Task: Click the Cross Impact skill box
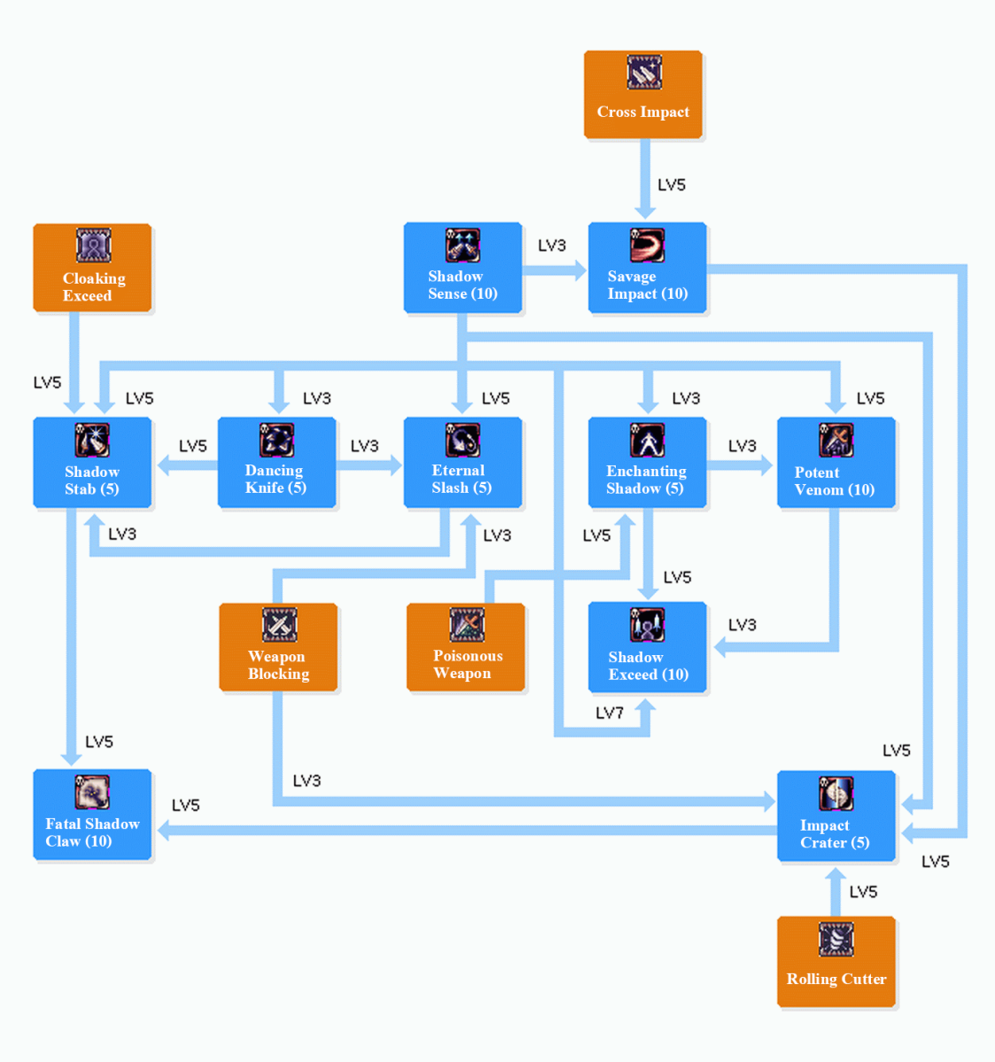(x=642, y=94)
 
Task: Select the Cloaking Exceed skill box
(x=92, y=268)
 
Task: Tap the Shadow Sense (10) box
(x=463, y=268)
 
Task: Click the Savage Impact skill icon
(x=647, y=246)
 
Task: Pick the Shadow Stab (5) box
(x=92, y=463)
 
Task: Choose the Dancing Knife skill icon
(x=276, y=440)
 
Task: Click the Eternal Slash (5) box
(x=463, y=463)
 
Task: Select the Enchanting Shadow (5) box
(x=647, y=463)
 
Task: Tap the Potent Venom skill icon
(x=836, y=440)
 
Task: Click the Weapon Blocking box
(x=278, y=647)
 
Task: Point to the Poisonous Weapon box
(x=466, y=647)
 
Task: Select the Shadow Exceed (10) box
(x=647, y=647)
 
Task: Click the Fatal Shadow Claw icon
(x=92, y=792)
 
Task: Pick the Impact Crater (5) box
(x=836, y=816)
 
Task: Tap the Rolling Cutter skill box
(x=836, y=962)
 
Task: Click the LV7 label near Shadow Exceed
(x=610, y=713)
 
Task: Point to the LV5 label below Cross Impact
(x=671, y=184)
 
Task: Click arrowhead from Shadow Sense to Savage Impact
(x=580, y=270)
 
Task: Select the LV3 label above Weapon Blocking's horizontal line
(x=307, y=780)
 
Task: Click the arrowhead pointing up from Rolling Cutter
(x=835, y=875)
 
